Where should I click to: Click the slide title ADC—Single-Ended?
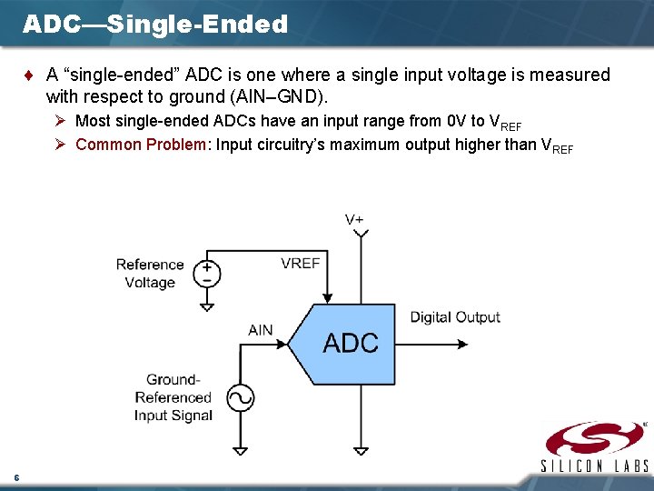155,25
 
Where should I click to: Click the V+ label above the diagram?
355,219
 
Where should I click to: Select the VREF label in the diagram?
300,263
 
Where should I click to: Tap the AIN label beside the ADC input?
261,330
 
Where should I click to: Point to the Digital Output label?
455,317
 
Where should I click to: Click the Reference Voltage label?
150,274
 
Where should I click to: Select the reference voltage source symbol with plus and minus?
207,274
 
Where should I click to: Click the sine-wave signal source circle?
240,398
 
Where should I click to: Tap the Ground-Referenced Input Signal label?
173,397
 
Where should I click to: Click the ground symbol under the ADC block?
362,449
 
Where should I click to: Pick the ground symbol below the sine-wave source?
240,449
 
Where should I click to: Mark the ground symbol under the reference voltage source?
207,306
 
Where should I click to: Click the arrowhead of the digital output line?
462,345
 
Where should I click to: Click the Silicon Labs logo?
595,446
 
